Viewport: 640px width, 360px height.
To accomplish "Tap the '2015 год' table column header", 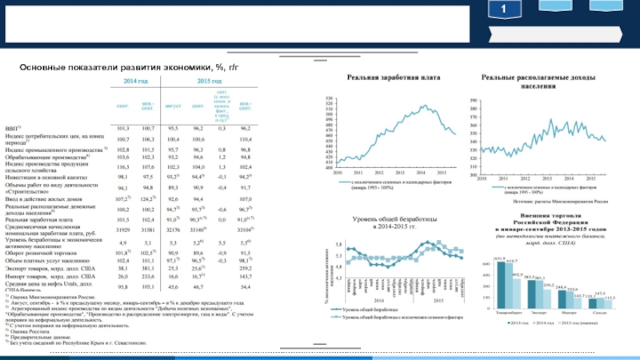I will [x=210, y=82].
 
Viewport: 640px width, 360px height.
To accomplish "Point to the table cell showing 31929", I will [x=123, y=230].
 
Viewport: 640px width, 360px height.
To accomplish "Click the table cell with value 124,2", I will [x=147, y=198].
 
